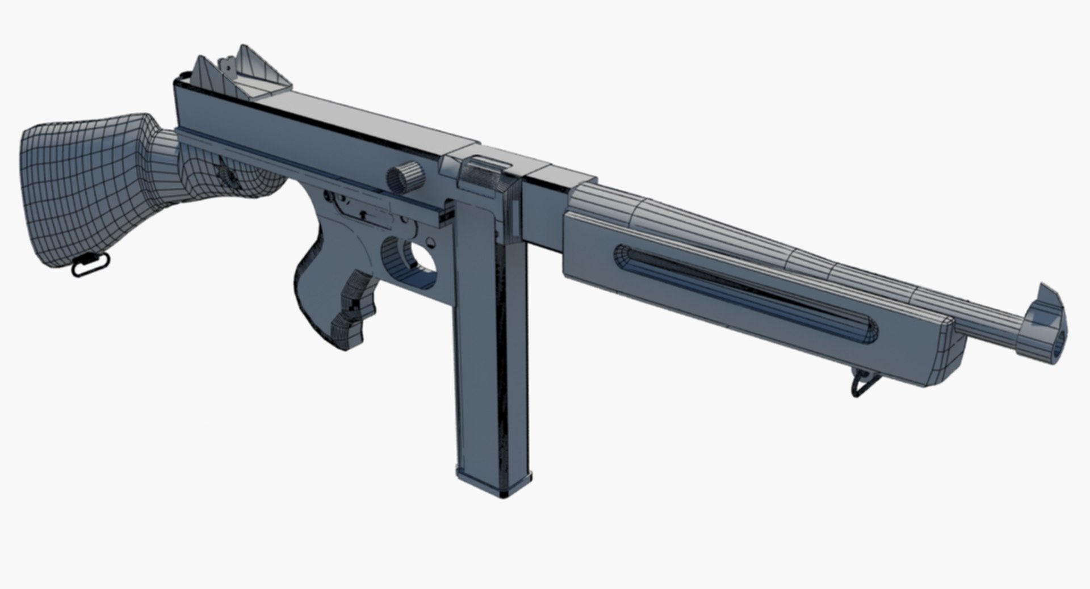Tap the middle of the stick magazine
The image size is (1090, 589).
click(491, 340)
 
